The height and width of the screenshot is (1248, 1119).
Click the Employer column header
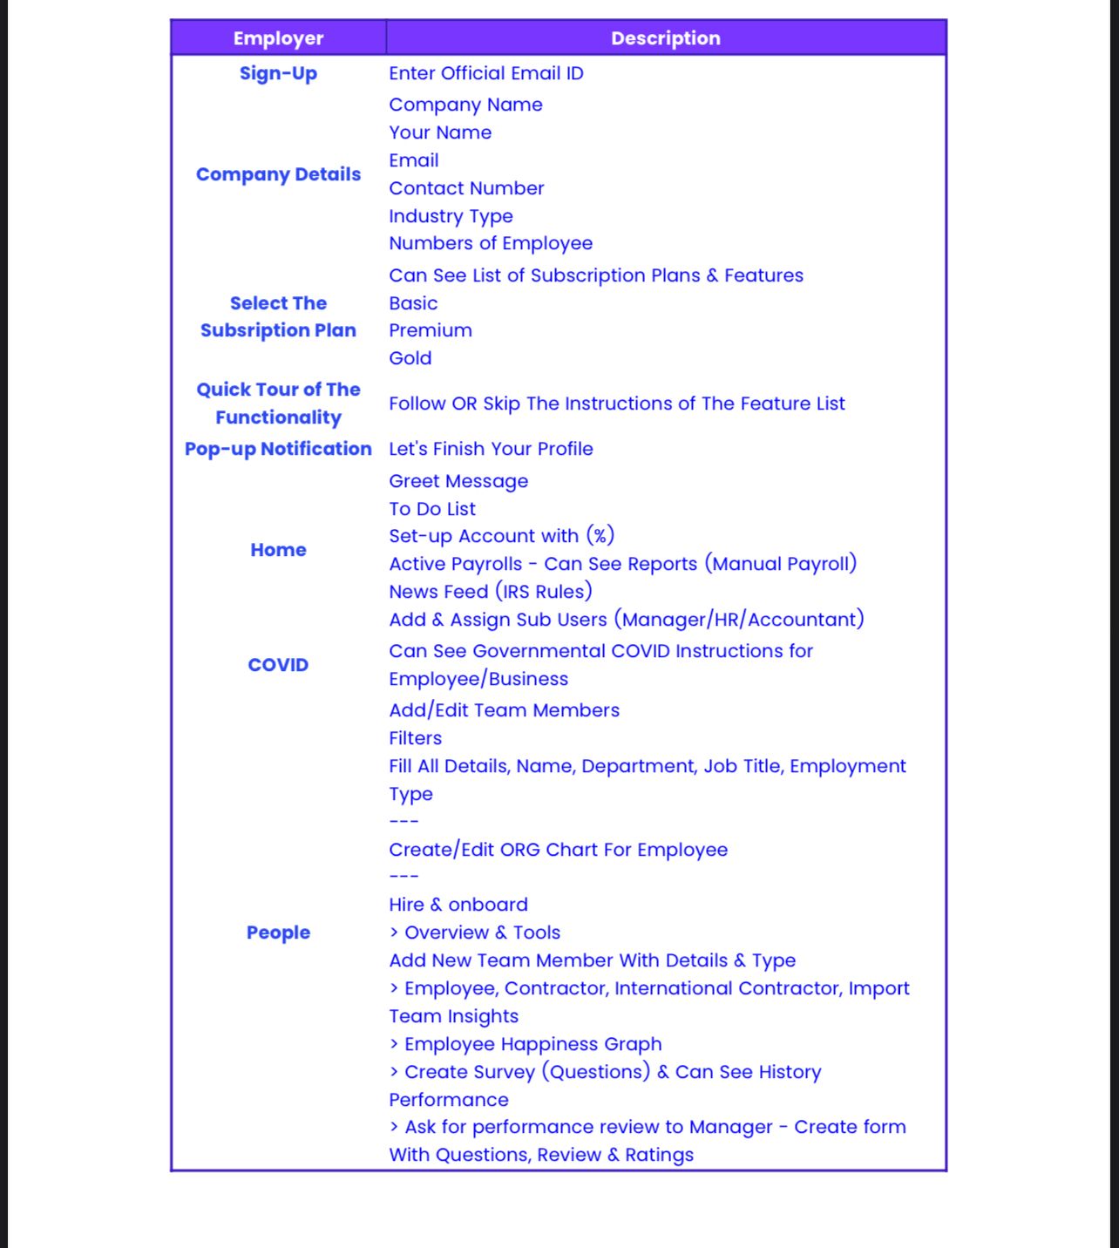coord(278,38)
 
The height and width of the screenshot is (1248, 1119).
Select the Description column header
coord(666,38)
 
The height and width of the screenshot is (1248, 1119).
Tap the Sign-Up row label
coord(278,73)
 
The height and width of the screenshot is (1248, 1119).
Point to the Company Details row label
coord(278,174)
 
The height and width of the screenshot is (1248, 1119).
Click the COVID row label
coord(278,665)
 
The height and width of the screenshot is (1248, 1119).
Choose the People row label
coord(278,933)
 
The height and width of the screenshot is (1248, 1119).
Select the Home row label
coord(278,550)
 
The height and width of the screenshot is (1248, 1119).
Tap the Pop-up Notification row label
coord(278,449)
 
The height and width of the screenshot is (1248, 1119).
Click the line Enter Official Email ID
coord(486,73)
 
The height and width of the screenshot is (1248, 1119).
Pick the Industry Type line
coord(451,216)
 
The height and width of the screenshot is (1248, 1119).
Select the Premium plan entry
coord(431,330)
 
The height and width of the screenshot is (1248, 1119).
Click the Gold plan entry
coord(410,358)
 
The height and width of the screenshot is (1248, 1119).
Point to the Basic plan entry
coord(413,303)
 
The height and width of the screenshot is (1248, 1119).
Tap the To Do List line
coord(432,509)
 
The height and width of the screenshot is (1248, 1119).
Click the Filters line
coord(415,738)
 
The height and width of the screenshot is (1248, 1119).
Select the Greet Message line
coord(458,481)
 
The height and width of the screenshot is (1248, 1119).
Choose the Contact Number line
coord(466,188)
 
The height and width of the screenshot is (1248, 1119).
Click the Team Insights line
coord(453,1016)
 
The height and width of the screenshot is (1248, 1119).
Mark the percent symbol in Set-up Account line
coord(600,536)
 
